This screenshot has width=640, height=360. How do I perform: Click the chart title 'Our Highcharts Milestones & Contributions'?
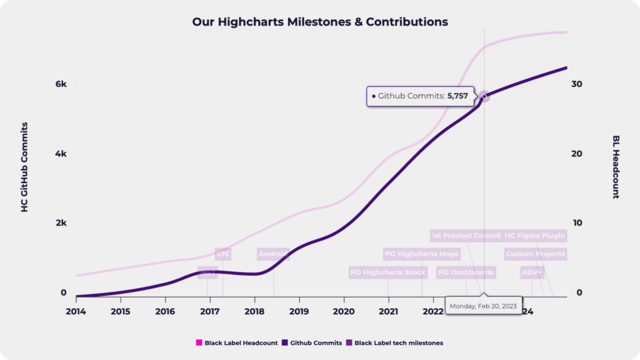(x=320, y=22)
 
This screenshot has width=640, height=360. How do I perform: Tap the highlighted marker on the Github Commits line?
(x=484, y=96)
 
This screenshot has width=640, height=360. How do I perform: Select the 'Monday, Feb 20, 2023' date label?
(x=484, y=306)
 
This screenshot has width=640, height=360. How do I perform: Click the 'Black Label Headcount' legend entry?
(x=237, y=342)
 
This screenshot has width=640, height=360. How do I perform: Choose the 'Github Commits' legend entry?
(x=312, y=342)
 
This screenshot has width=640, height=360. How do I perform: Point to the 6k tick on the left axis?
(x=61, y=84)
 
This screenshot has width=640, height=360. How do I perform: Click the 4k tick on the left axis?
(x=61, y=154)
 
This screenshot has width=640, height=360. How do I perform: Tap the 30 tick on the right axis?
(x=578, y=84)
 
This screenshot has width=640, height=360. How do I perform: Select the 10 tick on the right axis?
(x=578, y=223)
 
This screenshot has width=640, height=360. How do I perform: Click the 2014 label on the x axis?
(x=76, y=311)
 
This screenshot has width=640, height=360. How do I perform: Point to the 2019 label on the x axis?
(x=299, y=311)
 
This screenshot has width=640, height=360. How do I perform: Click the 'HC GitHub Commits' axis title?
(x=25, y=167)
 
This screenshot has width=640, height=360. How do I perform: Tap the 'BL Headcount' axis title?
(x=616, y=167)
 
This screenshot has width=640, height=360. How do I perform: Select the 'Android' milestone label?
(x=274, y=254)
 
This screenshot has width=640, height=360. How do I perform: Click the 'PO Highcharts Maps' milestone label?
(x=422, y=254)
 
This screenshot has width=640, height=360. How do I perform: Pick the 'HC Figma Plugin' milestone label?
(x=535, y=236)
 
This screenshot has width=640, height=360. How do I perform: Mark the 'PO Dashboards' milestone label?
(x=466, y=272)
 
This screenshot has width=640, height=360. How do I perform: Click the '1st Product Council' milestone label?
(x=466, y=236)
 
